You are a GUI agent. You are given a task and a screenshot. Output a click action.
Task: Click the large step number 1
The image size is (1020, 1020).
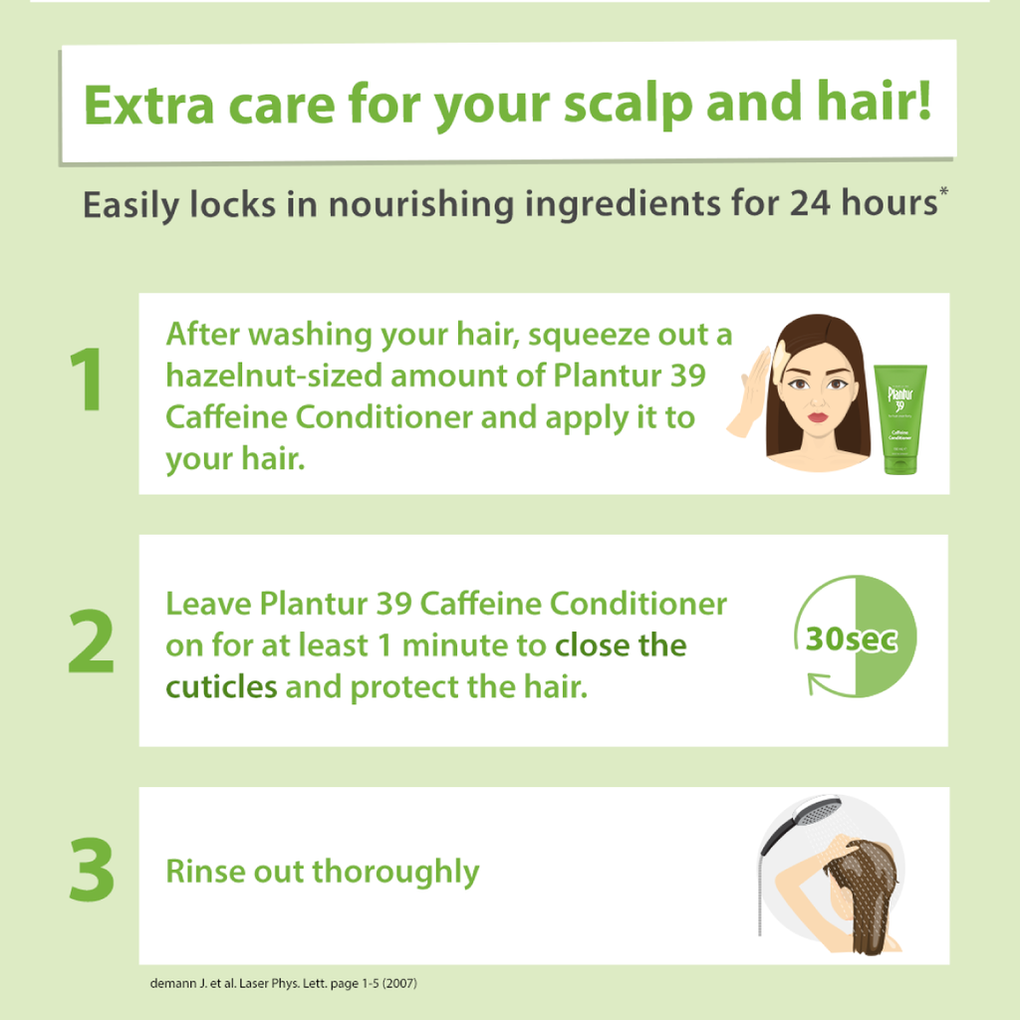88,380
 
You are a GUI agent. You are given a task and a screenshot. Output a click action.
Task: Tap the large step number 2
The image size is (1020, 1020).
91,641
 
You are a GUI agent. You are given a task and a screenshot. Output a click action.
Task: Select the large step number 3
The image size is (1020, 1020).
92,870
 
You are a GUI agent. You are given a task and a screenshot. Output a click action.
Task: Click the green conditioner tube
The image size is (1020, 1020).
900,419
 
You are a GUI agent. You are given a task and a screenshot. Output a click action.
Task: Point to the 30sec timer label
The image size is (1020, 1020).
852,638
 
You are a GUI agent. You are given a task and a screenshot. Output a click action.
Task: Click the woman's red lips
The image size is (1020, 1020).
818,416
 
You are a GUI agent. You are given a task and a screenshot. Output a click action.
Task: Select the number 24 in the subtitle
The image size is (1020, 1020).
810,203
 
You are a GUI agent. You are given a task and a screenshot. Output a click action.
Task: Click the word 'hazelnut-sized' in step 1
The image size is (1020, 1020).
274,376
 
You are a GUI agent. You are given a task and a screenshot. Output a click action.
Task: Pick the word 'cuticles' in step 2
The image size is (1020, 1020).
221,687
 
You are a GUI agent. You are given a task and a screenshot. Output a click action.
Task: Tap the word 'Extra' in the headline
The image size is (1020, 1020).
149,106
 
